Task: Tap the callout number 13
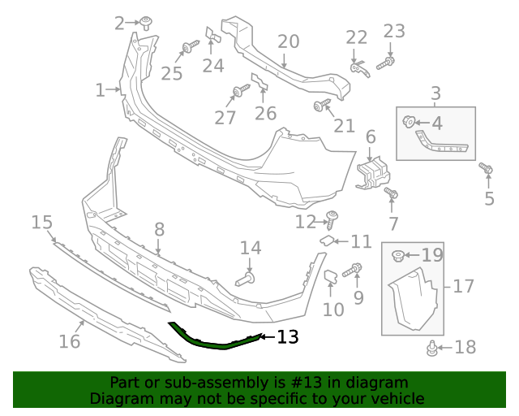click(288, 336)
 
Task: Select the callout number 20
click(289, 41)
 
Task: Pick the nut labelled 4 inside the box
click(410, 123)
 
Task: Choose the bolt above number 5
click(487, 169)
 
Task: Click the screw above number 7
click(392, 194)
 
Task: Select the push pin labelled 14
click(246, 279)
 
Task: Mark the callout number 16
click(70, 341)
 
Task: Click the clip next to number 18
click(432, 349)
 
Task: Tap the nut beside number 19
click(399, 257)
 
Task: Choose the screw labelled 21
click(321, 105)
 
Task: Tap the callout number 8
click(159, 230)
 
